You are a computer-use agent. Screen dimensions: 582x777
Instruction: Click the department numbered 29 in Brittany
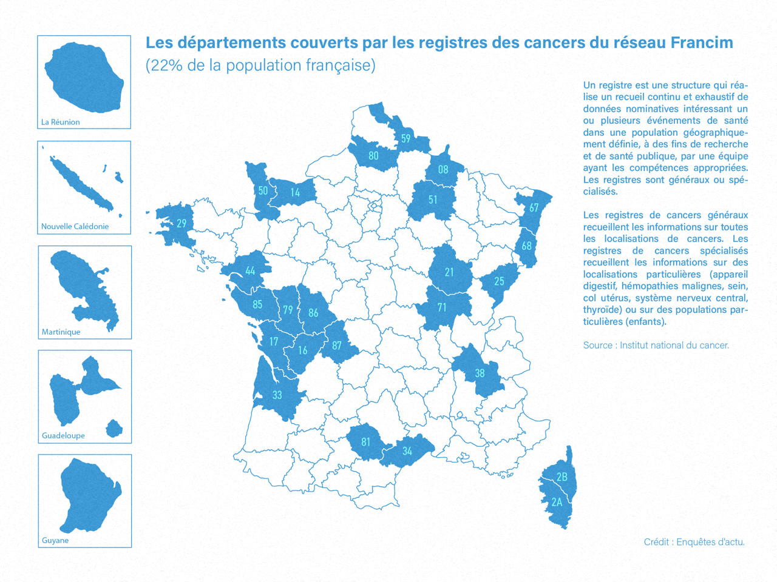(x=181, y=223)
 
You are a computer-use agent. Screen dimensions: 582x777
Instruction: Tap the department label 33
(x=277, y=395)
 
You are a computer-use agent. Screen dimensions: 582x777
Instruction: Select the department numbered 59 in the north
(x=405, y=138)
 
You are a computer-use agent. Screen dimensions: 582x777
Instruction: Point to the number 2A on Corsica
(x=557, y=502)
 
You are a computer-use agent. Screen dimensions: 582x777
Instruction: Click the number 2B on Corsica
(x=562, y=477)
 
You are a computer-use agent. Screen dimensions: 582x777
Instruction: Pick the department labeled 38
(x=480, y=373)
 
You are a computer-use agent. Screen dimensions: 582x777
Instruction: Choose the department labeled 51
(x=433, y=199)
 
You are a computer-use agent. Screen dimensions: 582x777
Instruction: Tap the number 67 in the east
(x=534, y=207)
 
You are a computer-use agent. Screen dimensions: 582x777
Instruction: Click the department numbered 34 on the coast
(x=407, y=451)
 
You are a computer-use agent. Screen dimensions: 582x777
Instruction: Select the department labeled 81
(x=365, y=442)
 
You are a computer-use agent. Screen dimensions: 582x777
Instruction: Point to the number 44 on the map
(x=250, y=271)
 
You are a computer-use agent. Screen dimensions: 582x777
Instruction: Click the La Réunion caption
(x=60, y=122)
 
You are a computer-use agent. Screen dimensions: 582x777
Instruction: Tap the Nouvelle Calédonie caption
(x=75, y=226)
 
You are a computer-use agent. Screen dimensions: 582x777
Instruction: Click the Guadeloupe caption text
(x=63, y=435)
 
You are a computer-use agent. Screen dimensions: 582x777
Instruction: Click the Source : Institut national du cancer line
(x=656, y=345)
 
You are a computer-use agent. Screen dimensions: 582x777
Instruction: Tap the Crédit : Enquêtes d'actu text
(x=694, y=542)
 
